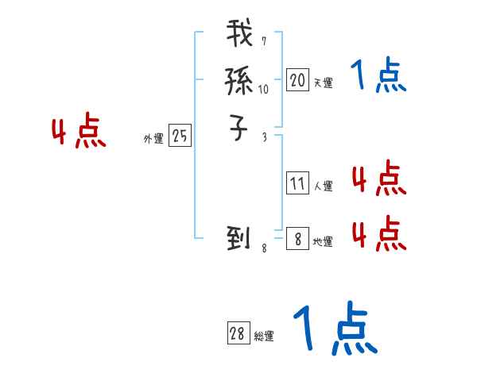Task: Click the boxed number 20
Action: coord(297,80)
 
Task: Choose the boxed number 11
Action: coord(297,184)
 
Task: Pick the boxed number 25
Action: coord(180,137)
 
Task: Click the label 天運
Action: coord(323,83)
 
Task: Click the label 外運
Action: coord(153,139)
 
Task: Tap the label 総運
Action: coord(264,336)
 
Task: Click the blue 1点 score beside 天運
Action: coord(378,76)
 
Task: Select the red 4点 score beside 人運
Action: coord(378,179)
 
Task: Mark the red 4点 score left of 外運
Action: coord(79,133)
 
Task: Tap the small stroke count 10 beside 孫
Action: coord(263,90)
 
